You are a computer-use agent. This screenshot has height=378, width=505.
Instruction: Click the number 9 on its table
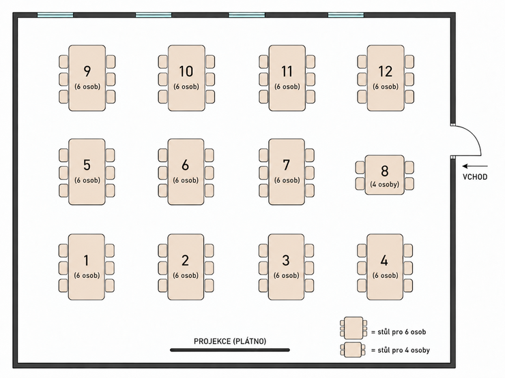click(87, 72)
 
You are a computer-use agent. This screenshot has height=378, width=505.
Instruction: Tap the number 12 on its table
click(385, 72)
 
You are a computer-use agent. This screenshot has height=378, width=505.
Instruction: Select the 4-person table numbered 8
click(384, 175)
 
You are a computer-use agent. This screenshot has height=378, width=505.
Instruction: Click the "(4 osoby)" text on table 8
click(384, 185)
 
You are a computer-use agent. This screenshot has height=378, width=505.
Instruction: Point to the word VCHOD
click(475, 177)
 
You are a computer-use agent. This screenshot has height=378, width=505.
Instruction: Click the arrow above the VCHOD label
click(475, 166)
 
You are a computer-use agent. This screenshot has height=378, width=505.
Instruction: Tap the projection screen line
click(230, 349)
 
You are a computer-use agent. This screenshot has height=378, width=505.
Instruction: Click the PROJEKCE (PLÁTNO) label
click(230, 341)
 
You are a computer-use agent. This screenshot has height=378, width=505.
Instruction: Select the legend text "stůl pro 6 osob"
click(402, 332)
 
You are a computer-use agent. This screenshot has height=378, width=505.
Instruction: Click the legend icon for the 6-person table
click(353, 328)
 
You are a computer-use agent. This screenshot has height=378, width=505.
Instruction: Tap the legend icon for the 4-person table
click(353, 349)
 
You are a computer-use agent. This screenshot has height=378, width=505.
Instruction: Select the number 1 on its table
click(86, 260)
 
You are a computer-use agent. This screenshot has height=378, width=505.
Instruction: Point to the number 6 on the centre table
click(185, 165)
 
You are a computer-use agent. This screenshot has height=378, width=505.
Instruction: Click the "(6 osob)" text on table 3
click(287, 275)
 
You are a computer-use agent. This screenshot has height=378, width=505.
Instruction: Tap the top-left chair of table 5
click(63, 155)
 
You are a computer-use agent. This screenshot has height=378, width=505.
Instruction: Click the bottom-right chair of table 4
click(408, 286)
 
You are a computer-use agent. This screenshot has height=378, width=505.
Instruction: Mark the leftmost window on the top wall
click(55, 15)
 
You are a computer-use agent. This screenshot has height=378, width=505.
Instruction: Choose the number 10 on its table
click(186, 72)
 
